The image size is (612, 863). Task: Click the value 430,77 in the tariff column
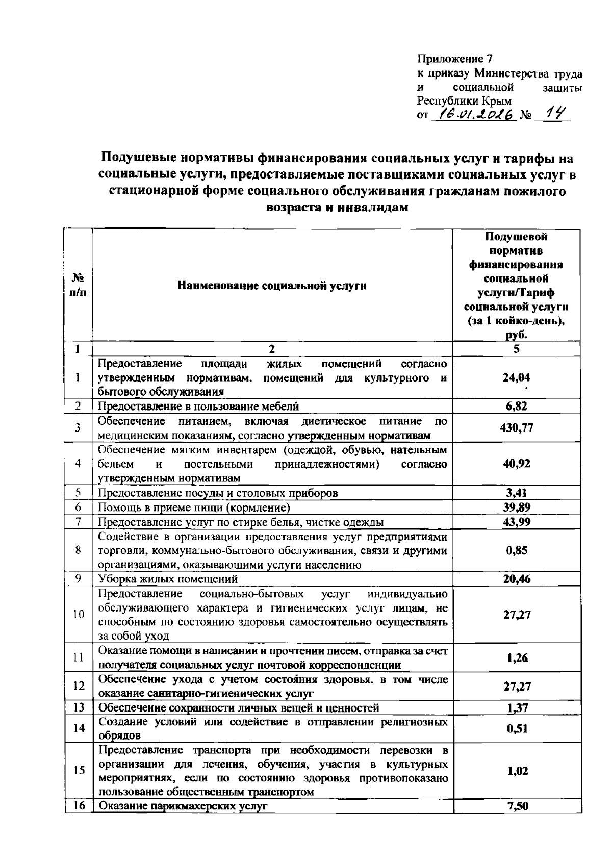516,428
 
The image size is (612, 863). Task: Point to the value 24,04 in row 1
516,377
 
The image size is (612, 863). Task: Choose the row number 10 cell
78,615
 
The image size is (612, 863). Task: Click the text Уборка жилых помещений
168,579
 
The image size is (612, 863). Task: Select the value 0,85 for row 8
516,550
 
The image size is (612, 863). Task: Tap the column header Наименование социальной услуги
272,286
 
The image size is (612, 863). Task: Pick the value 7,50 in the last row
516,806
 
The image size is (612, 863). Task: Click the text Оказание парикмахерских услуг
183,806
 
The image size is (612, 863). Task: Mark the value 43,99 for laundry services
516,522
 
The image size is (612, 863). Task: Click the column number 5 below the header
516,349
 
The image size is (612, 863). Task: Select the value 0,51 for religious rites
516,729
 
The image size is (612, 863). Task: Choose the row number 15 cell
78,771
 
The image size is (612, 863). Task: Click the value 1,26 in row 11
516,658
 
